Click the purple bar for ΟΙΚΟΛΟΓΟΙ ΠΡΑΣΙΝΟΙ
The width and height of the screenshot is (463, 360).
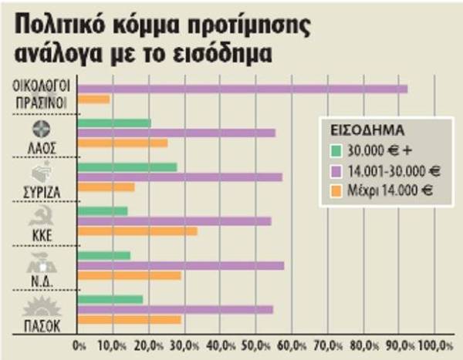[242, 89]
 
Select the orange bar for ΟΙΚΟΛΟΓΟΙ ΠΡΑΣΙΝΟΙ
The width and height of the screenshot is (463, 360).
[94, 99]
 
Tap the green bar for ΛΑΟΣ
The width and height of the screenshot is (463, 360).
[114, 123]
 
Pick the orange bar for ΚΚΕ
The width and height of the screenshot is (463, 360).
[137, 231]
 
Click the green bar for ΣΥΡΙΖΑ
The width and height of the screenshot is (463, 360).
[127, 167]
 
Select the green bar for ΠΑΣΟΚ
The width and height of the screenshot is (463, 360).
[110, 299]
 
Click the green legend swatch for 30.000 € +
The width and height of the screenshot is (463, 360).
[336, 150]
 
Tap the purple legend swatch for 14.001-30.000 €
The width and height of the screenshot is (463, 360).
[336, 170]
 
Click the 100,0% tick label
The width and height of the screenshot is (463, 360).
[437, 344]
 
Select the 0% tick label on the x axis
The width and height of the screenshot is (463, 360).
[79, 344]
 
